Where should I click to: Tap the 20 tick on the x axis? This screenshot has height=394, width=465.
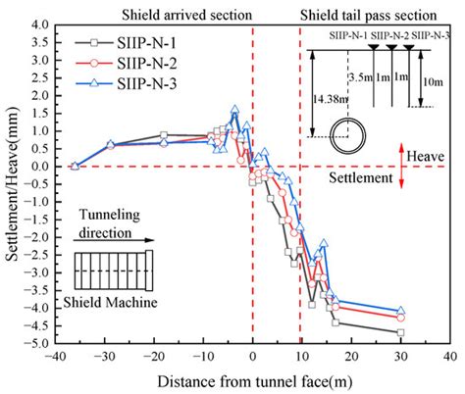click(x=351, y=357)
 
